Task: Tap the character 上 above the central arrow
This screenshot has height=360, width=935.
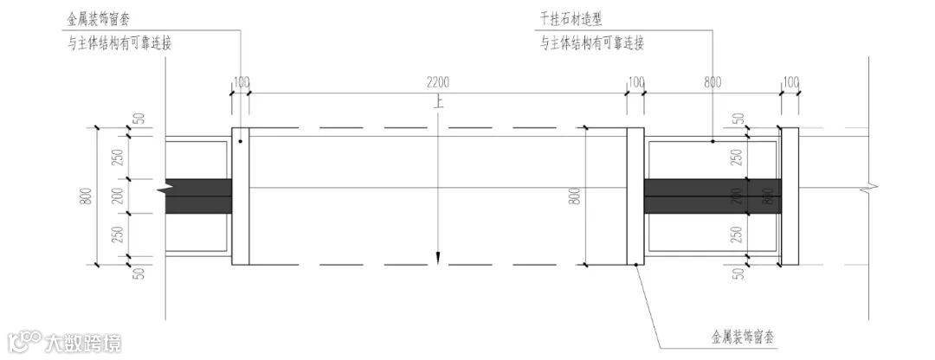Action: (440, 102)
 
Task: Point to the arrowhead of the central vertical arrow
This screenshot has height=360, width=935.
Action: (440, 256)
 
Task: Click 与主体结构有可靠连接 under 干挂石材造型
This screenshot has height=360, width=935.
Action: (592, 43)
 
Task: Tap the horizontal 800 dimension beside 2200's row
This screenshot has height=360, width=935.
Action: (712, 82)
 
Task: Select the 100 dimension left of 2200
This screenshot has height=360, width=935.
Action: (241, 82)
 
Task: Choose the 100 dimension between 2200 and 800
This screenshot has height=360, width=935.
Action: (635, 82)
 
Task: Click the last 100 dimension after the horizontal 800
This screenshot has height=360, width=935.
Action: (790, 82)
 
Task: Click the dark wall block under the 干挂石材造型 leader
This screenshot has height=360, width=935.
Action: (712, 196)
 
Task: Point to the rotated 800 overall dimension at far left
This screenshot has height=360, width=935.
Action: (85, 196)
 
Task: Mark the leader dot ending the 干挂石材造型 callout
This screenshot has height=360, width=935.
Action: (713, 141)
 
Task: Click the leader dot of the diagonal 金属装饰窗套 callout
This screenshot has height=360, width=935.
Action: (636, 264)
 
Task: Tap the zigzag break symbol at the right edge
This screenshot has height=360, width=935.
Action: (867, 184)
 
